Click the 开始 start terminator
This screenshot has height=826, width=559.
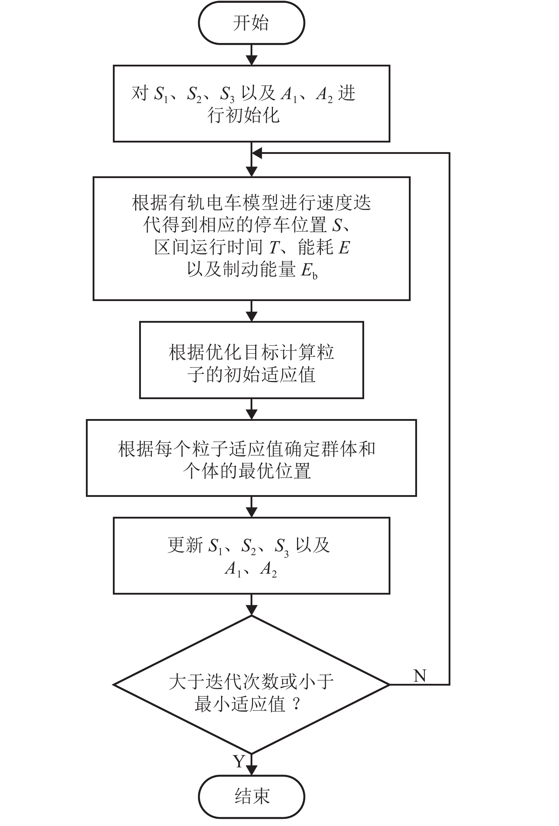[x=251, y=23]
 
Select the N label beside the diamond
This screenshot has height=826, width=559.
[x=420, y=676]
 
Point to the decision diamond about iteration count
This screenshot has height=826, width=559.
[x=251, y=685]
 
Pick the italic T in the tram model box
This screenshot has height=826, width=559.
[x=274, y=247]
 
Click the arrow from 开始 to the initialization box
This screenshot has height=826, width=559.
[x=251, y=55]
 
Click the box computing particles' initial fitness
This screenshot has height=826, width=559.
[x=251, y=360]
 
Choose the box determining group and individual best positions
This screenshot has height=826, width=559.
[x=251, y=458]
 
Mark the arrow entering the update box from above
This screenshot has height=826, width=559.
[x=251, y=507]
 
